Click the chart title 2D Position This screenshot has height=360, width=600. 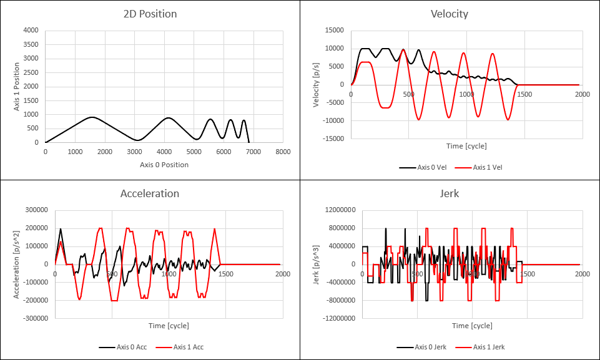149,14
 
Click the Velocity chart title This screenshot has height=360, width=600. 449,14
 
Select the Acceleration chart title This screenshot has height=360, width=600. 149,193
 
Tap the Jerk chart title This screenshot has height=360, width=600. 449,193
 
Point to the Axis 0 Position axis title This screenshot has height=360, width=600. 164,165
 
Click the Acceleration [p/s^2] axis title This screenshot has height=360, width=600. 17,264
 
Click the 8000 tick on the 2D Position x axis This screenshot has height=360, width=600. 283,152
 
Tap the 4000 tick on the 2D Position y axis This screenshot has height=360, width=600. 29,30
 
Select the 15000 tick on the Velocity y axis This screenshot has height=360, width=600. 334,30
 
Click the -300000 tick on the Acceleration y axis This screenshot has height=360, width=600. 34,318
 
